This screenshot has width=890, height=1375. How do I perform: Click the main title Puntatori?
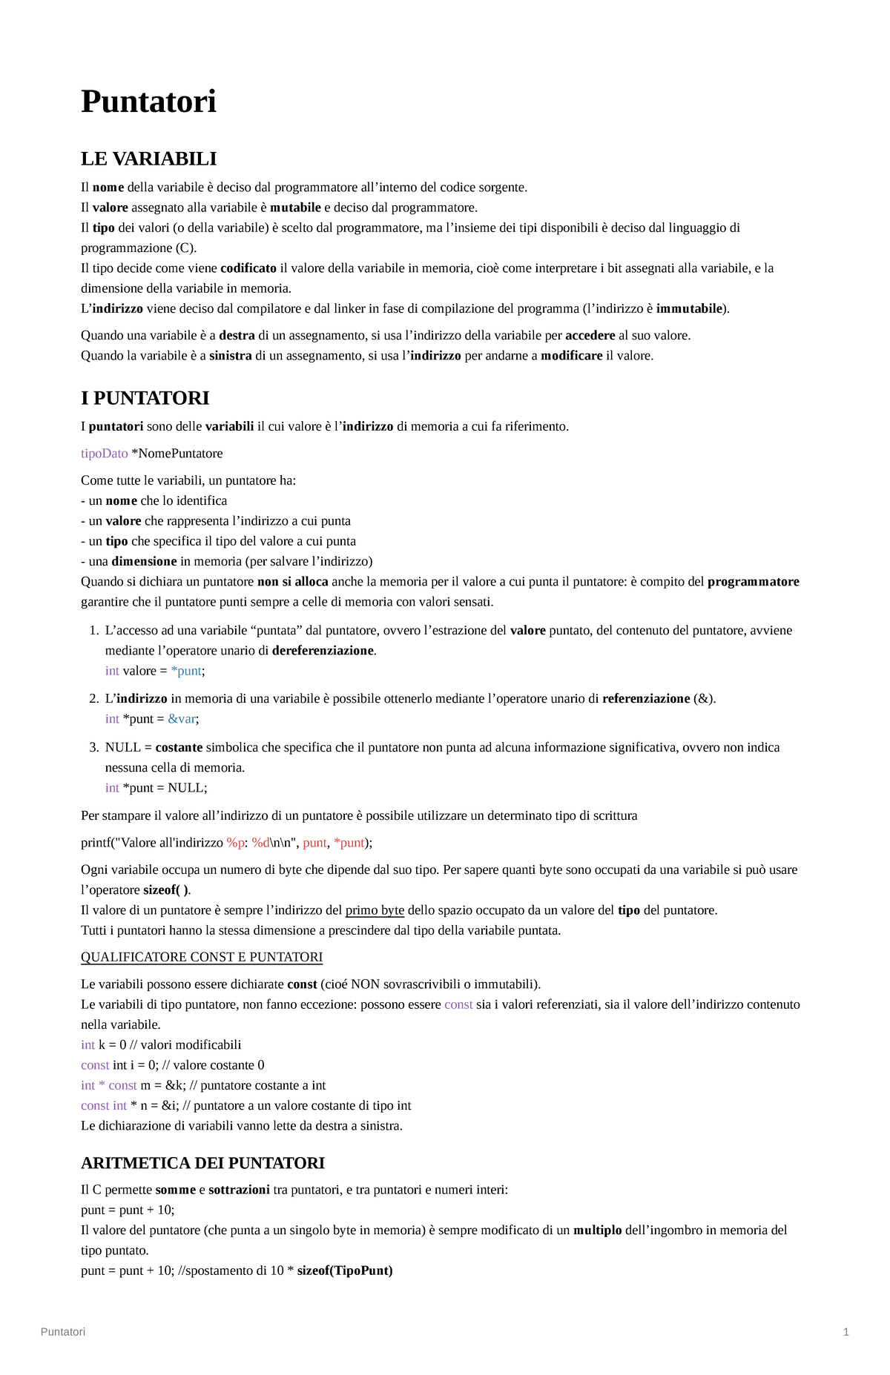point(148,102)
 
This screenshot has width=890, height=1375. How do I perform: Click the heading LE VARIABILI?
point(148,159)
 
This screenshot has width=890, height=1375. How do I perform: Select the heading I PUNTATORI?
point(145,398)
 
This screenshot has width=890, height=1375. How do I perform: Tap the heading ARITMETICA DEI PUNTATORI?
point(202,1162)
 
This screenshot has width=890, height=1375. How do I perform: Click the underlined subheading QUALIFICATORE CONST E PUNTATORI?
point(202,957)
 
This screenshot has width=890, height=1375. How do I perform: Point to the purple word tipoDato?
point(104,453)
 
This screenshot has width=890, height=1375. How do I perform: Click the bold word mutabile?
point(295,208)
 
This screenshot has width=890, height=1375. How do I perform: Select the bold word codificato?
point(248,268)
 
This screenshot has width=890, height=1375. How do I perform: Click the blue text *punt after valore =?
point(185,671)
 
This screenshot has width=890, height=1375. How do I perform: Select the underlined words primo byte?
point(375,910)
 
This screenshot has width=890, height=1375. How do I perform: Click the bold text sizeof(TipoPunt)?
point(345,1270)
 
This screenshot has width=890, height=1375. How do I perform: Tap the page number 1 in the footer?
point(846,1331)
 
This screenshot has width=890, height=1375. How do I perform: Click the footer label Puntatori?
point(63,1331)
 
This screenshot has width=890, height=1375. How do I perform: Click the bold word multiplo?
point(597,1230)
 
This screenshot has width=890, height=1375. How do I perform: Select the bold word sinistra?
point(231,356)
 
